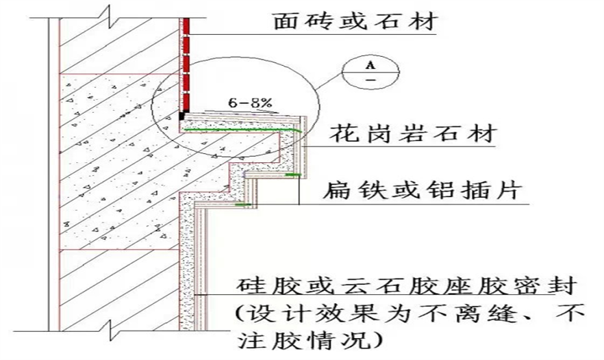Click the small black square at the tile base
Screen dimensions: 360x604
pyautogui.click(x=182, y=117)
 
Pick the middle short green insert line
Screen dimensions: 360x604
pyautogui.click(x=292, y=175)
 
